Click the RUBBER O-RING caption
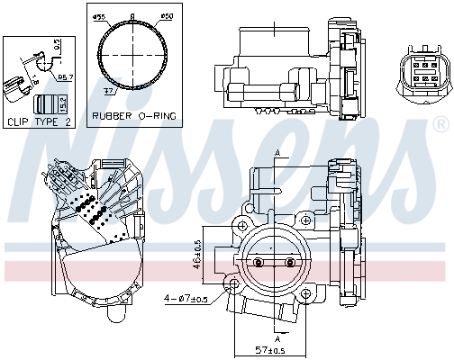click(x=134, y=116)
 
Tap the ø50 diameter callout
click(x=166, y=17)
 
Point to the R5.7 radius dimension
click(x=65, y=78)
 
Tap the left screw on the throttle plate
click(x=258, y=262)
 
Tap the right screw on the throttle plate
click(x=290, y=262)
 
